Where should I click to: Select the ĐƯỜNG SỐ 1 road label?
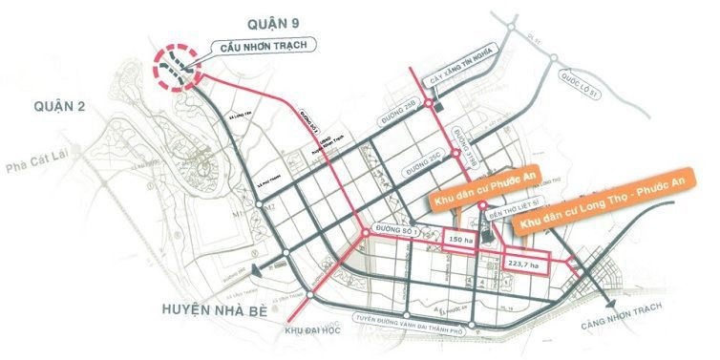399,230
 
